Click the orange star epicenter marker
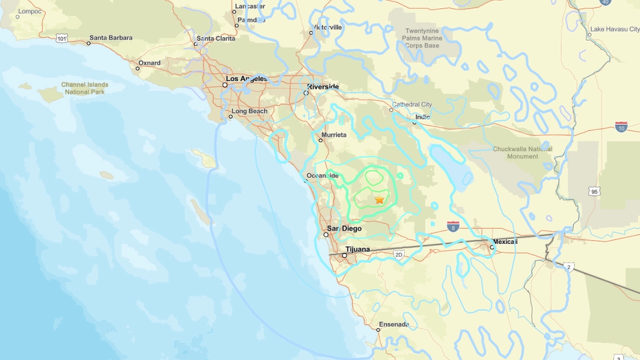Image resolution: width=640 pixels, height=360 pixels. click(380, 199)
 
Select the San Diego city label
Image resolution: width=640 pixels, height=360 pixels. click(344, 229)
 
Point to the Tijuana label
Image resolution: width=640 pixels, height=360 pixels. click(357, 249)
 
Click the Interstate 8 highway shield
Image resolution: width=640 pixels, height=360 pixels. click(453, 226)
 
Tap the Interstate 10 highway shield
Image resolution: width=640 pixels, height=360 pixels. click(621, 127)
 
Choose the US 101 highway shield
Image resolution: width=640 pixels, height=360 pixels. click(61, 38)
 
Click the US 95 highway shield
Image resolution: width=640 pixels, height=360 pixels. click(594, 191)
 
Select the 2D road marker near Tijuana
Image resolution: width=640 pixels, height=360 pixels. click(398, 254)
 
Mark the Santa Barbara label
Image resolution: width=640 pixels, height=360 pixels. click(111, 38)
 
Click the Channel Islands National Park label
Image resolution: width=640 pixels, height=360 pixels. click(85, 88)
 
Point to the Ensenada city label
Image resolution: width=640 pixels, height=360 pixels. click(393, 324)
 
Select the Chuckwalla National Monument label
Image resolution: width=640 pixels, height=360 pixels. click(522, 153)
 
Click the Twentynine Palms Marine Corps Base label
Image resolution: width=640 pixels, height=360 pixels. click(424, 38)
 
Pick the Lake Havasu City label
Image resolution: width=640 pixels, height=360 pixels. click(615, 29)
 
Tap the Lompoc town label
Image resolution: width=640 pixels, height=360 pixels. click(30, 11)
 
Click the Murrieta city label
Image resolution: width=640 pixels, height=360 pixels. click(334, 135)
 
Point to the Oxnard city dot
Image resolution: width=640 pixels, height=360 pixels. click(138, 69)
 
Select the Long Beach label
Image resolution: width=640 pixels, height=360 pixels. click(250, 111)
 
